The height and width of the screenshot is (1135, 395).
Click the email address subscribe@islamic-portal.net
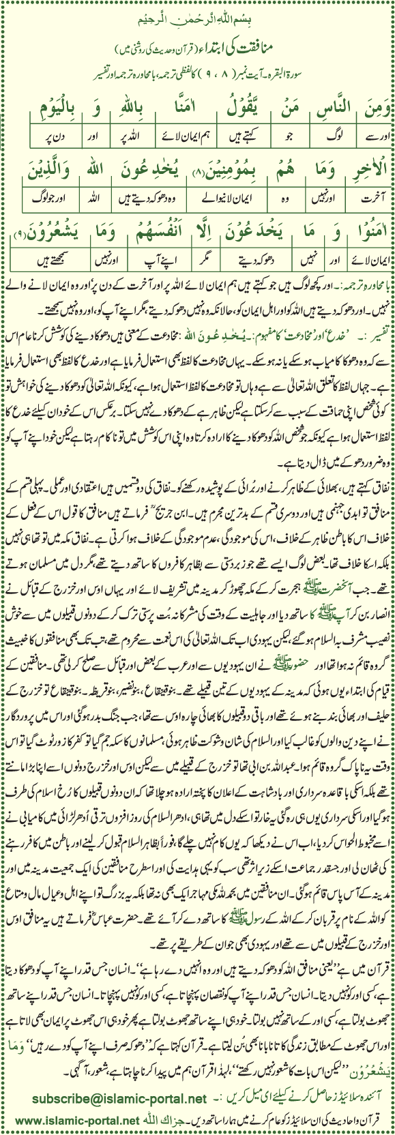tap(119, 1099)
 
